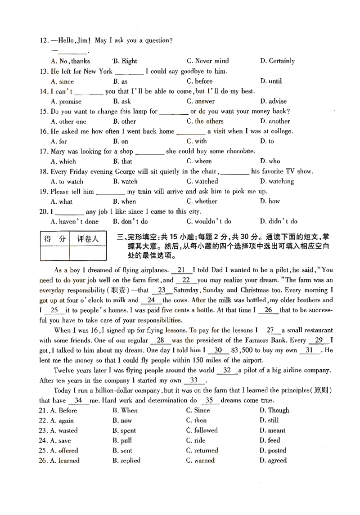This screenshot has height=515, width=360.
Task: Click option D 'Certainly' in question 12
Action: click(277, 61)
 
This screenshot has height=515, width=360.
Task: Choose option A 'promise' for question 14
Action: click(66, 101)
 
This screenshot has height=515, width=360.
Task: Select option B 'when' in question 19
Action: click(124, 202)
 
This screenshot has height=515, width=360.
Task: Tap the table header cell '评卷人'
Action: click(87, 239)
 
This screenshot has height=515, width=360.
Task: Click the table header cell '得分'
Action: click(54, 239)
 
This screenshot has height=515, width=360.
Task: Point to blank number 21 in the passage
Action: click(181, 270)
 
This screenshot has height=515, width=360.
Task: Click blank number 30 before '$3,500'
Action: click(218, 350)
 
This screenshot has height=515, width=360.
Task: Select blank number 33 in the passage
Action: click(194, 380)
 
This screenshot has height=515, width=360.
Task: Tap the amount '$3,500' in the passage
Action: click(243, 350)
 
